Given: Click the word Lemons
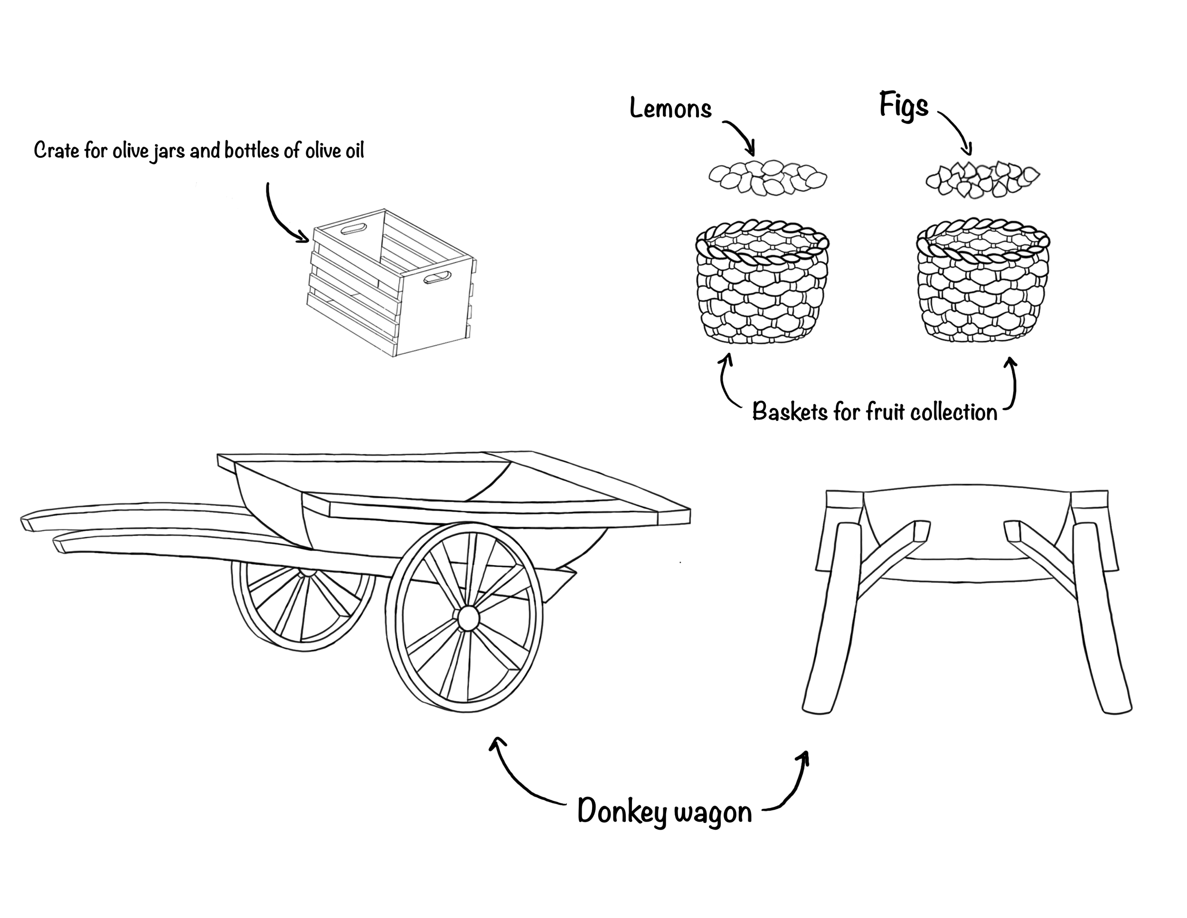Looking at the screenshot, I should click(x=670, y=109).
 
